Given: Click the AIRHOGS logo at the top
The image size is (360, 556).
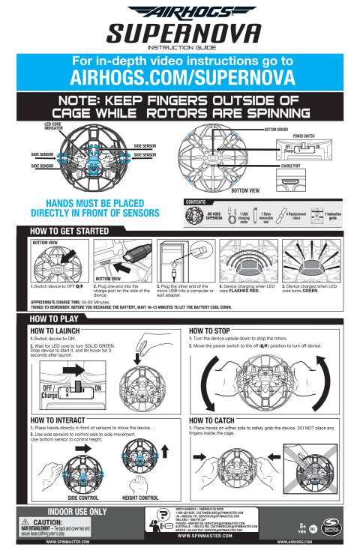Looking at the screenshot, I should tap(179, 11).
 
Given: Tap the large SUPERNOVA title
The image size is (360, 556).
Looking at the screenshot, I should tap(179, 33).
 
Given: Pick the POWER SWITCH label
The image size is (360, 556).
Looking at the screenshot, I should tap(304, 136).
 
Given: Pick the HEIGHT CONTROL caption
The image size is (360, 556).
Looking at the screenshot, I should tap(140, 498).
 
